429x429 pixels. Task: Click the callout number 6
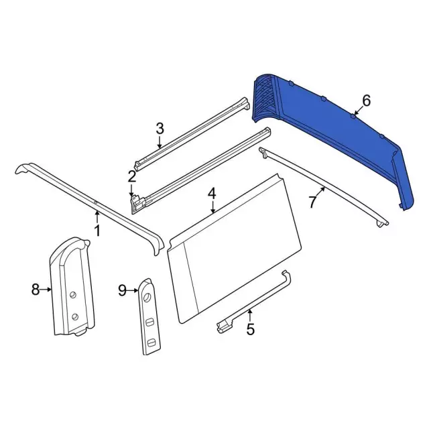(x=366, y=101)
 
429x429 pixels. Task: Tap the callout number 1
(x=97, y=231)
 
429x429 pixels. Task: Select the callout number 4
(x=211, y=193)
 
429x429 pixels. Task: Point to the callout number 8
(x=36, y=290)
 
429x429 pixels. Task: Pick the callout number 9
(x=121, y=290)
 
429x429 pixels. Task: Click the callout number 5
(x=250, y=329)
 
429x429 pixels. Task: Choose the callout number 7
(x=313, y=202)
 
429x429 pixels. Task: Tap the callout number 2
(x=132, y=177)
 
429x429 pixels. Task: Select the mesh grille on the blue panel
(x=268, y=97)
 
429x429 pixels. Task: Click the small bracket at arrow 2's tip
(x=137, y=202)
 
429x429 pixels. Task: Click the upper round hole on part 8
(x=73, y=292)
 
